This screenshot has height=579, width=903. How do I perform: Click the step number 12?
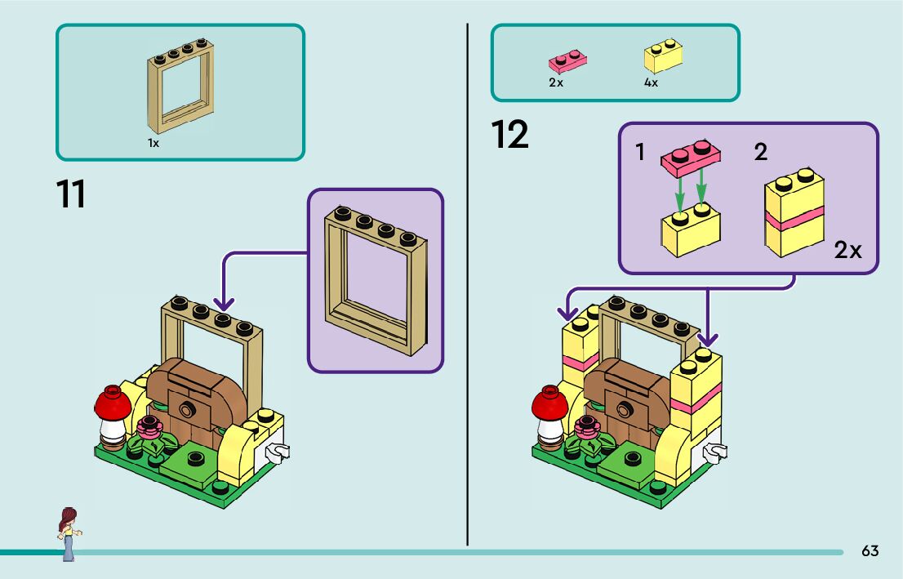click(x=510, y=135)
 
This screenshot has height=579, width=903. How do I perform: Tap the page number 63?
click(x=870, y=551)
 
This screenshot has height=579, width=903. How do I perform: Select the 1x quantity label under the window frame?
click(x=153, y=143)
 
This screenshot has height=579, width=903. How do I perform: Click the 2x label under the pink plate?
click(x=556, y=82)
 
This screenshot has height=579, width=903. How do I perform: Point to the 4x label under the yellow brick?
click(x=651, y=82)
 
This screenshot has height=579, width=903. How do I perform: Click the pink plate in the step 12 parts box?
click(x=568, y=60)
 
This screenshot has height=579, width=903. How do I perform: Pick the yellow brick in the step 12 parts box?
click(x=664, y=56)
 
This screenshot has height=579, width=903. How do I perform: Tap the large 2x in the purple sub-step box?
click(x=848, y=250)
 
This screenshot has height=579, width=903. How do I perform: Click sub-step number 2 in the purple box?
click(x=761, y=151)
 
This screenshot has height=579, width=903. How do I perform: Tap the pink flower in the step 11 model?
click(x=149, y=425)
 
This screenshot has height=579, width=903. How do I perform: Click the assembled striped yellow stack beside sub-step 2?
click(x=794, y=213)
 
